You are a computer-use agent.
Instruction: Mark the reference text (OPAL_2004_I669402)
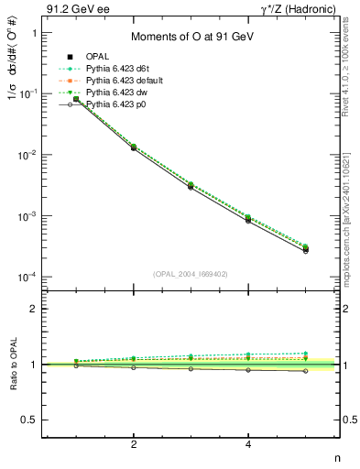click(189, 273)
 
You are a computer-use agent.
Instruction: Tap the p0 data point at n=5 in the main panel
click(306, 250)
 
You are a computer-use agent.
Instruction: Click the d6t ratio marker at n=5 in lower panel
click(306, 353)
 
